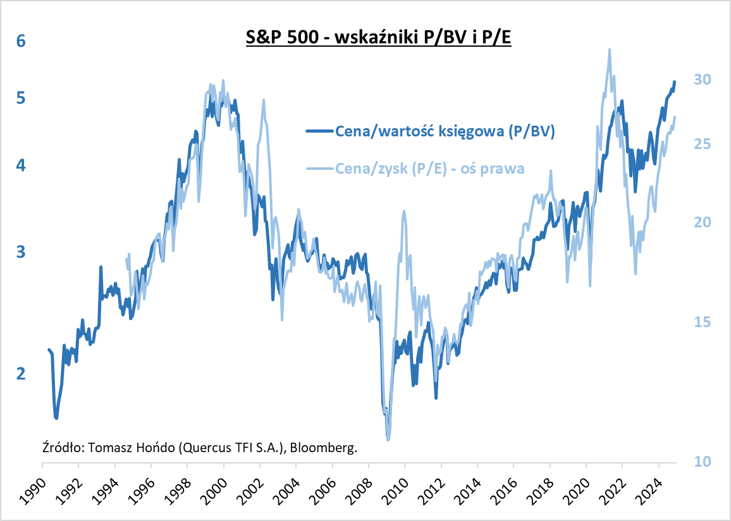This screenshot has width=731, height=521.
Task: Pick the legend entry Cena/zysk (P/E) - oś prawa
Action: [430, 169]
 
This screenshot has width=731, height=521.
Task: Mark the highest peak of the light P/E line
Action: [609, 49]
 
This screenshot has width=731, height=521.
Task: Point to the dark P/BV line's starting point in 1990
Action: [48, 349]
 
